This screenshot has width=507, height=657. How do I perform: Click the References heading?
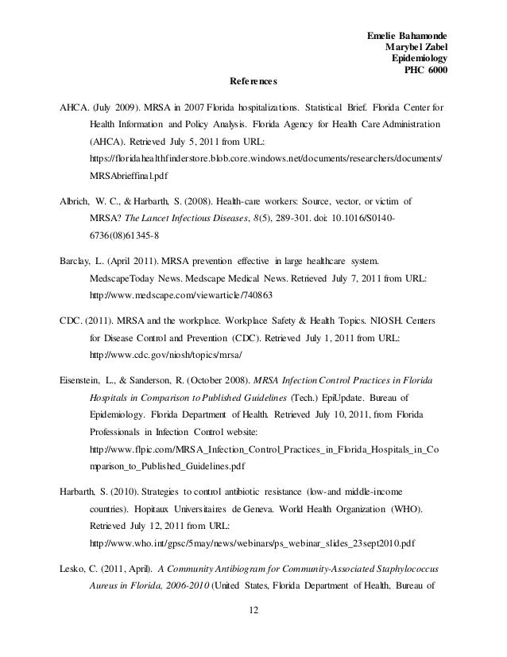click(x=253, y=81)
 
